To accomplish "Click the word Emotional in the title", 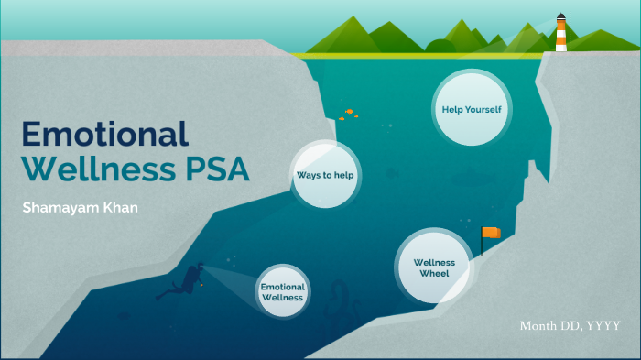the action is (104, 134).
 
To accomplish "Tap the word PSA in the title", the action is (215, 170).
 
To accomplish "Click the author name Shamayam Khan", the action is (80, 208).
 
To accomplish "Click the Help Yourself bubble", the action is (472, 111).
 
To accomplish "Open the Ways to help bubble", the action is (325, 174).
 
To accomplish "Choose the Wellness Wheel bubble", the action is (434, 267).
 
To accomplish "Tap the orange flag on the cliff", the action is (493, 233).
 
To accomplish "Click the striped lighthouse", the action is (560, 33).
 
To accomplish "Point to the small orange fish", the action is (349, 114).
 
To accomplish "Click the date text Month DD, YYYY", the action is (570, 326).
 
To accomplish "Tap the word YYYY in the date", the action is (603, 326).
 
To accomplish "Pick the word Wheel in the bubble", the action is (434, 274).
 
